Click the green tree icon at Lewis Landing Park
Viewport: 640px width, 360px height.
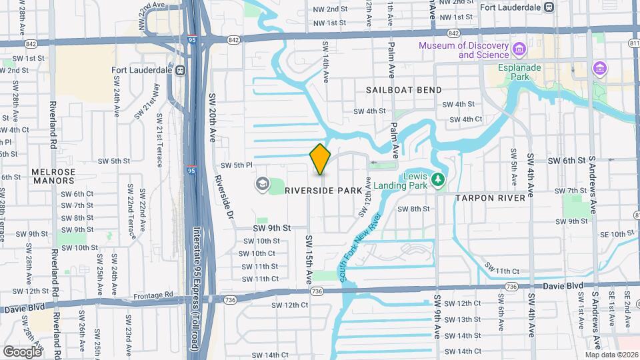point(438,179)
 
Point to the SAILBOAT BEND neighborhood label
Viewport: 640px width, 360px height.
point(395,89)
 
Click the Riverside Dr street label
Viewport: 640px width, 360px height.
point(223,197)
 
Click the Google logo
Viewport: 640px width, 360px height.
point(23,351)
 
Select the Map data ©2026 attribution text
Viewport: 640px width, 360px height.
point(611,355)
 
